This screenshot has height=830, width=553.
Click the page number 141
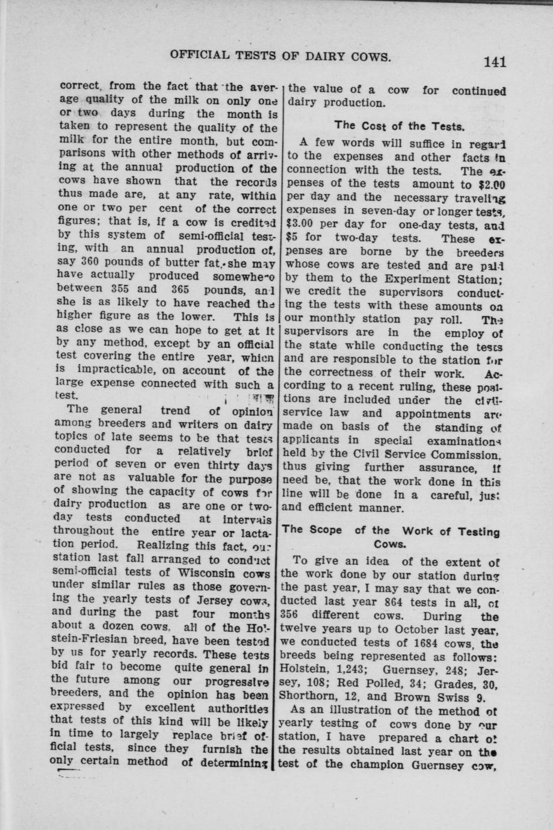(x=494, y=61)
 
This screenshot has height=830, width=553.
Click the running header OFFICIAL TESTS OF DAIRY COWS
(x=280, y=57)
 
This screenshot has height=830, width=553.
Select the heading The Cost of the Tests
(x=399, y=126)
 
